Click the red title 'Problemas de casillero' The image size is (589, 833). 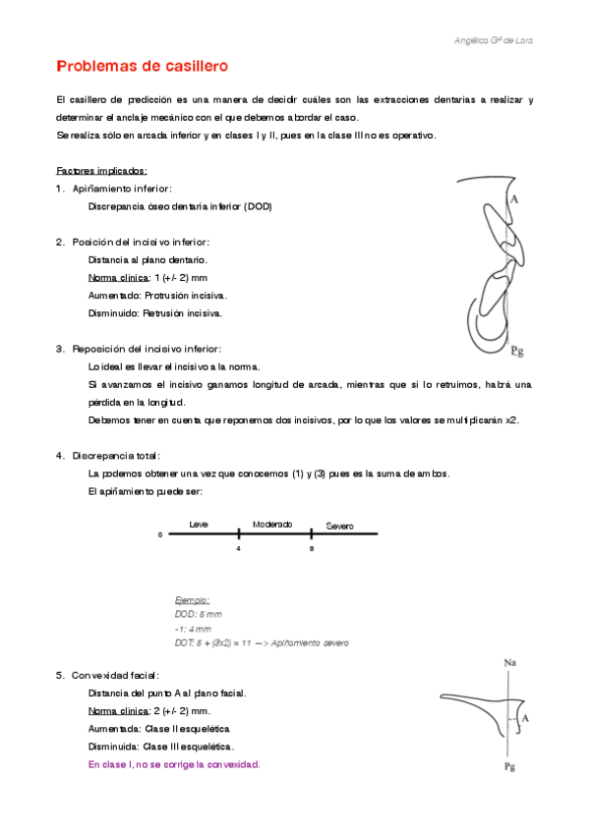coord(143,67)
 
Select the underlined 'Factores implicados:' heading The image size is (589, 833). coord(102,170)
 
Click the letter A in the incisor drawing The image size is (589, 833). coord(513,199)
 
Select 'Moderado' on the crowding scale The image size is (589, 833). coord(272,525)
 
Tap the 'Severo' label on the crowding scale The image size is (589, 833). coord(339,527)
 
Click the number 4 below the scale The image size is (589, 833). coord(238,548)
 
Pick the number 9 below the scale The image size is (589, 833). coord(312,548)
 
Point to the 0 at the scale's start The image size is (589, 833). coord(159,535)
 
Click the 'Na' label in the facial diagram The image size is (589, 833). coord(509,663)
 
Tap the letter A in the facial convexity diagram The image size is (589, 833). coord(526,719)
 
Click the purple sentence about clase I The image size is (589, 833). coord(174,764)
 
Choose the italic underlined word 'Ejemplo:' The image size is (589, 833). coord(192,599)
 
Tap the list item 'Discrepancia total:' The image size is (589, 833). coord(116,456)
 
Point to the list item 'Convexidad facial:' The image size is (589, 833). coord(115,675)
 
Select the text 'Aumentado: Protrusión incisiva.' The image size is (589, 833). coord(157,295)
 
